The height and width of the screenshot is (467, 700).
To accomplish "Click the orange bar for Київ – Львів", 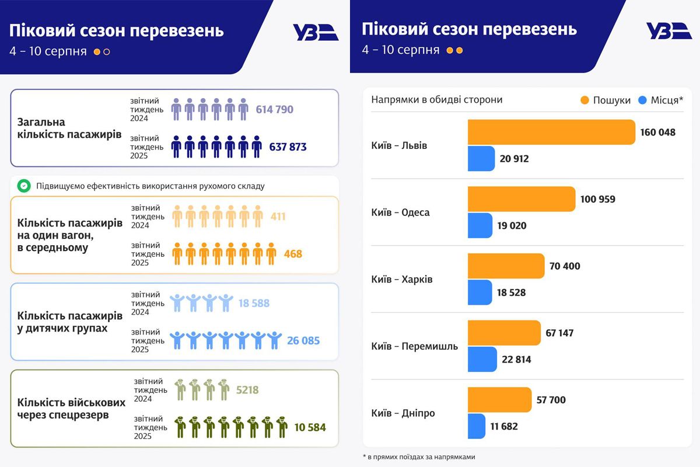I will (x=551, y=132).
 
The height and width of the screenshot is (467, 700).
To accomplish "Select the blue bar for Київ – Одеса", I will (x=480, y=225).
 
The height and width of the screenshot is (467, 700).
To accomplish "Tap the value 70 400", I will (x=565, y=266).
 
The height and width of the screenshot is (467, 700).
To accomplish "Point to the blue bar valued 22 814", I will (x=482, y=359).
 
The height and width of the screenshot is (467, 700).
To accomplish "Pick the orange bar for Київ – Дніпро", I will (x=499, y=400).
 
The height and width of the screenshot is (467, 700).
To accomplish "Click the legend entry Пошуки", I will (x=605, y=100).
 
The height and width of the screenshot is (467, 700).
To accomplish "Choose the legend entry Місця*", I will (x=660, y=100).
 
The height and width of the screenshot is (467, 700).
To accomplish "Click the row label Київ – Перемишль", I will (x=414, y=346).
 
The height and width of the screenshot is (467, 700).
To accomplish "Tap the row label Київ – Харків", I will (x=402, y=279).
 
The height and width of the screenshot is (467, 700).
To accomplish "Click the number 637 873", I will (x=288, y=147).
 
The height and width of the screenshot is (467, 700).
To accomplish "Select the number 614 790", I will (x=274, y=109).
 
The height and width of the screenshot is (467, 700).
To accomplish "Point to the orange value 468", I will (x=293, y=254).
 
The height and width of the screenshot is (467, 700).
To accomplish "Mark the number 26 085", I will (x=303, y=340).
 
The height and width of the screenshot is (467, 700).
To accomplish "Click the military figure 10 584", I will (x=310, y=428).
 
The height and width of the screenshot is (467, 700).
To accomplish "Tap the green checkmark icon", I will (x=24, y=186).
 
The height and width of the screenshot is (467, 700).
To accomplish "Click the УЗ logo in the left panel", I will (x=315, y=32).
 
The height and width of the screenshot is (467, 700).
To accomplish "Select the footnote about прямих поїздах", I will (x=418, y=457).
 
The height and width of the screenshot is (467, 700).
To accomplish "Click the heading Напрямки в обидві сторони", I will (x=436, y=100).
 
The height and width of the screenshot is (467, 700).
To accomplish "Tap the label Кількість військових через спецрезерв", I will (x=71, y=409).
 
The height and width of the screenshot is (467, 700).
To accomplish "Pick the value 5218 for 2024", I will (x=247, y=390).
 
